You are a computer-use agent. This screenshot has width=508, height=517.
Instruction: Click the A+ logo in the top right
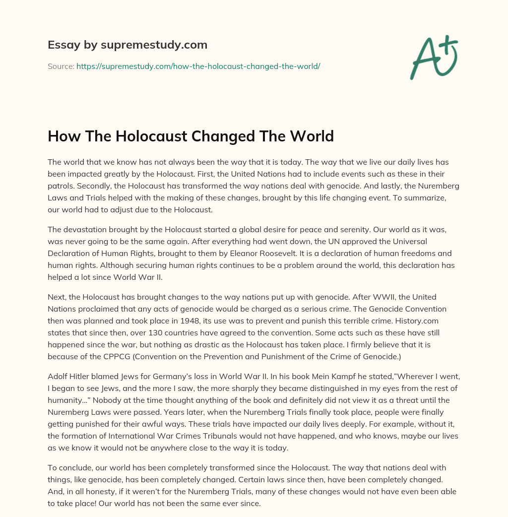433,58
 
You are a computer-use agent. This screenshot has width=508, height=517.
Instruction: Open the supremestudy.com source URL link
198,66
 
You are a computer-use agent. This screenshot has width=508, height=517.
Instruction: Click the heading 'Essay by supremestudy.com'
127,45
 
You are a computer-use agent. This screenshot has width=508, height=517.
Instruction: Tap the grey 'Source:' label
61,66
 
